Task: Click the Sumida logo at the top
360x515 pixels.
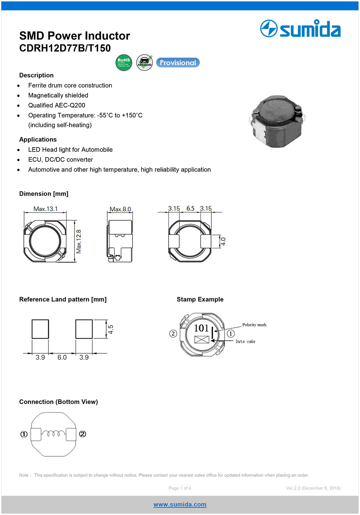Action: [300, 29]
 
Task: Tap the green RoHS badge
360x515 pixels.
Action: [124, 63]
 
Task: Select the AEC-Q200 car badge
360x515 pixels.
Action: [144, 63]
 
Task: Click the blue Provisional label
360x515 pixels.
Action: [178, 63]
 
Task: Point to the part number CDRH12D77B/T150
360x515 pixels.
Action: [65, 48]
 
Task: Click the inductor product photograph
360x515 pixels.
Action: [276, 121]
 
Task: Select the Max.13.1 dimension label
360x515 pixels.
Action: [45, 209]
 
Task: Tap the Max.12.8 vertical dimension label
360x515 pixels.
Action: [79, 241]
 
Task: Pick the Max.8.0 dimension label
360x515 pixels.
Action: [120, 209]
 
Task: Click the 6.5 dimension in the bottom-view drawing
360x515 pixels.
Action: [190, 208]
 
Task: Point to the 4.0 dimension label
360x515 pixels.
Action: [223, 241]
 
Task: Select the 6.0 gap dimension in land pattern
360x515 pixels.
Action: [62, 357]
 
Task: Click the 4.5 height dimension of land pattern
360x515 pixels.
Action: [111, 329]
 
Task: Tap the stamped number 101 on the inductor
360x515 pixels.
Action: [201, 328]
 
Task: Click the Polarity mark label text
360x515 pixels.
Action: [255, 325]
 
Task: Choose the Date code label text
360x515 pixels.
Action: [245, 342]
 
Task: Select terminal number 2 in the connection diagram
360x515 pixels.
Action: [83, 434]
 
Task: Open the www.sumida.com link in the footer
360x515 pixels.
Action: [180, 505]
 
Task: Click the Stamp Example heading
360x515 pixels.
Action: [200, 299]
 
